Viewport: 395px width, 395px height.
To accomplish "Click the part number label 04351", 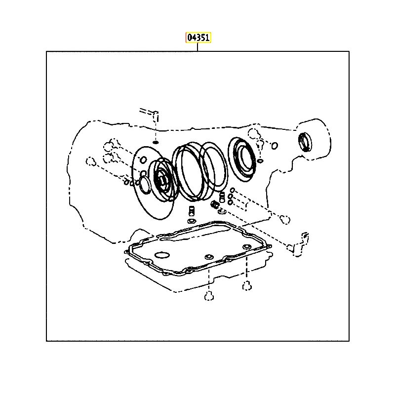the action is coord(198,38).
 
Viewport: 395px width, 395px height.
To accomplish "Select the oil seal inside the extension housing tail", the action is coord(305,142).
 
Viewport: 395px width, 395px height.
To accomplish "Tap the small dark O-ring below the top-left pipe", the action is coord(156,142).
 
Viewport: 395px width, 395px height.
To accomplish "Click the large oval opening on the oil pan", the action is coord(162,255).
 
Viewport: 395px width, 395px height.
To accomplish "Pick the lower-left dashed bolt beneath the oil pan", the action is coord(209,296).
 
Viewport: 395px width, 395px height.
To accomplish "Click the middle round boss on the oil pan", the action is coord(209,257).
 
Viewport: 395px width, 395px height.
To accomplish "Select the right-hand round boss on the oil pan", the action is coord(246,246).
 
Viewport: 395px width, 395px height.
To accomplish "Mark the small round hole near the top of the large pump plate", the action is coord(143,159).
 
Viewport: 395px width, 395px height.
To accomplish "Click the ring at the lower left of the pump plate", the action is coord(144,185).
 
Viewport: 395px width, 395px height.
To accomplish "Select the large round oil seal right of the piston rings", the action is coord(242,159).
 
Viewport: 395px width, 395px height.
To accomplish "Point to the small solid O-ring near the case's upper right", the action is coord(275,146).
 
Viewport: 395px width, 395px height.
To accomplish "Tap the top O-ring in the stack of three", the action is coord(233,190).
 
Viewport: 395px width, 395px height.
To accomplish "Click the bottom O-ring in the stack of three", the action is coord(230,202).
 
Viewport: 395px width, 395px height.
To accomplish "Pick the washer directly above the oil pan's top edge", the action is coord(192,221).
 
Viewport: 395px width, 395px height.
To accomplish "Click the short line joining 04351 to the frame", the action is coord(198,47).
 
